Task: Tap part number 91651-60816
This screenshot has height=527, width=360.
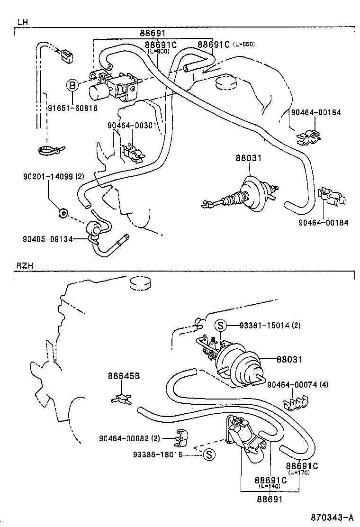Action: point(72,108)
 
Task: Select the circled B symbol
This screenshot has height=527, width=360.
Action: point(72,86)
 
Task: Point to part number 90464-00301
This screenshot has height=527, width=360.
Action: point(131,126)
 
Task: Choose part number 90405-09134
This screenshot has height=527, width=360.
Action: point(48,239)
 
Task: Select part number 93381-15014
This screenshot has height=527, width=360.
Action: point(263,326)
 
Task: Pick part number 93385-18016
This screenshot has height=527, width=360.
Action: point(158,455)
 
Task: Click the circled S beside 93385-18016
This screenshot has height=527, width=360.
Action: point(209,455)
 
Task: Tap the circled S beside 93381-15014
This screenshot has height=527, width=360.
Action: point(220,326)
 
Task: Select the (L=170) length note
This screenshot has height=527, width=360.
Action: point(299,473)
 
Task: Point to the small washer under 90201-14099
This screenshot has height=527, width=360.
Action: point(62,213)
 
